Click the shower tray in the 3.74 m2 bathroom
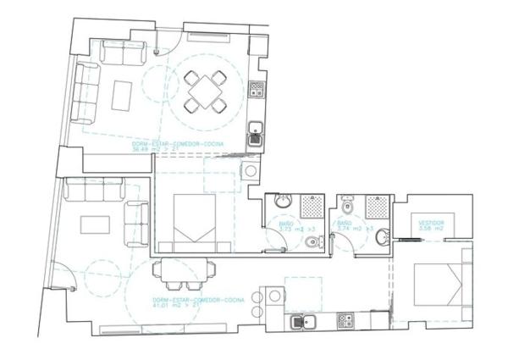pyautogui.click(x=378, y=206)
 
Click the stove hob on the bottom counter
pyautogui.click(x=345, y=321)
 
